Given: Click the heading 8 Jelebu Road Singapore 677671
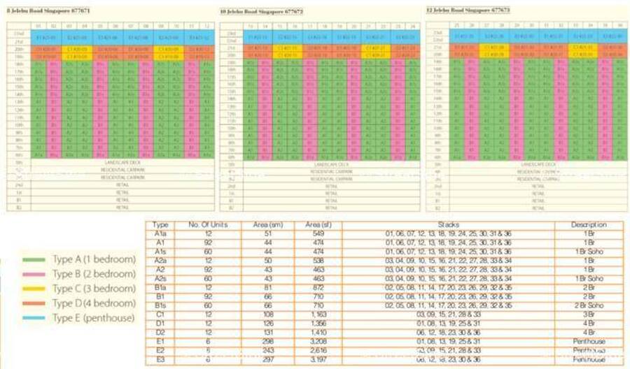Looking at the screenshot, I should [x=43, y=10].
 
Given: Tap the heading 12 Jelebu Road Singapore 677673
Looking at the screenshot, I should [x=468, y=10].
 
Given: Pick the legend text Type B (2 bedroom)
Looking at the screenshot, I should [x=94, y=274].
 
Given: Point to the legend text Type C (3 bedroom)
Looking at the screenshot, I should [x=94, y=289].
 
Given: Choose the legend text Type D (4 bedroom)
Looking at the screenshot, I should [x=94, y=303].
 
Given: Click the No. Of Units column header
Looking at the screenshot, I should [x=205, y=225].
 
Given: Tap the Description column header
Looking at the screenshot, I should [x=588, y=225].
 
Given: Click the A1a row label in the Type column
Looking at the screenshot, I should [x=160, y=233].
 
